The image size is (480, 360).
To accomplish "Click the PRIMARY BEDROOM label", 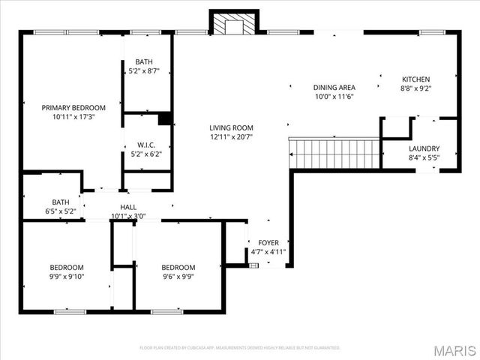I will (x=73, y=107).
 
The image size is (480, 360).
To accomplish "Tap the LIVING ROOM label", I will (x=231, y=127).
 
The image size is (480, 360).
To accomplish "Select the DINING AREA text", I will (x=334, y=88).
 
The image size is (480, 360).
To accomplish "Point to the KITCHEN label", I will (x=416, y=79).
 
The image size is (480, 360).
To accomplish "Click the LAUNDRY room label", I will (x=424, y=148).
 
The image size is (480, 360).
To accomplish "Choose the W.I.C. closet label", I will (x=146, y=145).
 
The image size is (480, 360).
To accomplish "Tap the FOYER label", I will (x=268, y=243).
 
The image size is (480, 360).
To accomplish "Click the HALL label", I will (x=128, y=207).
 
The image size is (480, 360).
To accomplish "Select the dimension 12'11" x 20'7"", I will (x=231, y=136).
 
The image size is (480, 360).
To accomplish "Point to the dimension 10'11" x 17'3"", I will (x=73, y=117).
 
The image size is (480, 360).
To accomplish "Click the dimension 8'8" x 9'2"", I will (x=416, y=88).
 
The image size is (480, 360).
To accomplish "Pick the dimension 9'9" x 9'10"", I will (x=67, y=277).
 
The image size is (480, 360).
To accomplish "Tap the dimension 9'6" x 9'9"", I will (x=178, y=277).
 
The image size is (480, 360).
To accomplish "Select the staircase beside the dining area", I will (x=335, y=154).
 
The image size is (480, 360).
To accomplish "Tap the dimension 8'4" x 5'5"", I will (x=424, y=158).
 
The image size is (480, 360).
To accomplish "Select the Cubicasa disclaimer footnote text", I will (x=240, y=348).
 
